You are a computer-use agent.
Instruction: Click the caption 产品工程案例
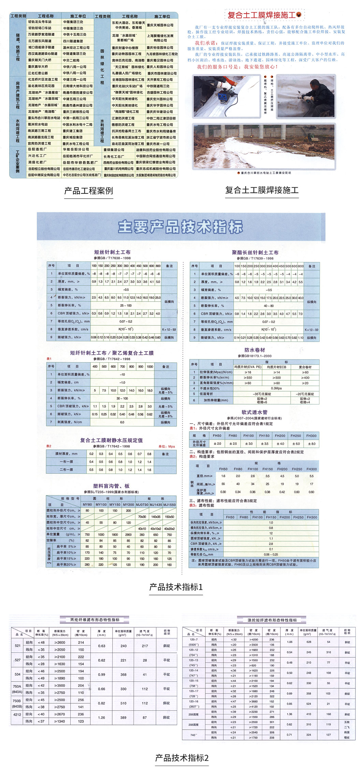(x=89, y=191)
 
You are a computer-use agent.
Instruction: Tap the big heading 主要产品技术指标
(x=180, y=227)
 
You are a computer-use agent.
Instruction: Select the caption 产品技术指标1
(x=176, y=587)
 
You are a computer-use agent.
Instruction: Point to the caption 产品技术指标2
(x=182, y=758)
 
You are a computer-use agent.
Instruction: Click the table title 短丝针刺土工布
(x=112, y=252)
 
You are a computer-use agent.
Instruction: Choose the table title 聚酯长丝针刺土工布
(x=255, y=252)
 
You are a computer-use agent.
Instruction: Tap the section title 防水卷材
(x=254, y=350)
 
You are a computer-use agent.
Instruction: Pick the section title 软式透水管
(x=254, y=412)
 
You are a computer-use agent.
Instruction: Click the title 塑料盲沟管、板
(x=111, y=486)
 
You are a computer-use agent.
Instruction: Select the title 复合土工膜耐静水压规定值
(x=112, y=440)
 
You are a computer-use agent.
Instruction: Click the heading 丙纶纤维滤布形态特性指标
(x=95, y=619)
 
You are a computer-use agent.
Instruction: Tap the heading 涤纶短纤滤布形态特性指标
(x=272, y=620)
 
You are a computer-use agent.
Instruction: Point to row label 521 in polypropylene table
(x=18, y=646)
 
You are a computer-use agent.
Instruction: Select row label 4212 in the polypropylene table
(x=17, y=714)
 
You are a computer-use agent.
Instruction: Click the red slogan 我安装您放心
(x=261, y=67)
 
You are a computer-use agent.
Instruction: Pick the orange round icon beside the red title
(x=299, y=15)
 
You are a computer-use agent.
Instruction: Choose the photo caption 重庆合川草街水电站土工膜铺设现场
(x=264, y=173)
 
